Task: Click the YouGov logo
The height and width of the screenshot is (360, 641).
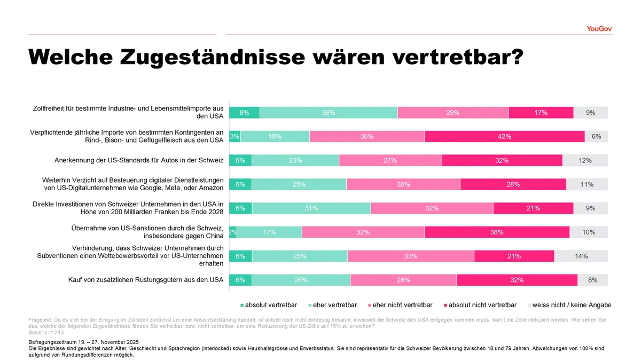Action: [x=599, y=28]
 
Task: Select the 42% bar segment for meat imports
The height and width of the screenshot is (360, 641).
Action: [x=504, y=136]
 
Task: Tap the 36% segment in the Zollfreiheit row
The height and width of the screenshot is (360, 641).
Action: [x=329, y=113]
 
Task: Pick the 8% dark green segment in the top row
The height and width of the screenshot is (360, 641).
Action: [x=244, y=113]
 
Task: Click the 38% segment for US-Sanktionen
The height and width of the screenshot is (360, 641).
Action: [x=497, y=232]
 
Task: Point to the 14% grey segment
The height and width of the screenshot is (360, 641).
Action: [x=581, y=256]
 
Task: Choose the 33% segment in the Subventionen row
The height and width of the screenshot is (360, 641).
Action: [x=411, y=256]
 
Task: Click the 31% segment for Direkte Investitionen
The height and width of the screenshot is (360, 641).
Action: [x=311, y=208]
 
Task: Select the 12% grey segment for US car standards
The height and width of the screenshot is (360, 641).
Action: [x=585, y=160]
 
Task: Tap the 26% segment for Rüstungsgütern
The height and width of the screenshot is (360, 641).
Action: [x=301, y=280]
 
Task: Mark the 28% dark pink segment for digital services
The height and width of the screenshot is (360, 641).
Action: [x=513, y=184]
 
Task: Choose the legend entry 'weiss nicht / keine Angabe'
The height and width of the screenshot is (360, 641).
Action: [x=569, y=305]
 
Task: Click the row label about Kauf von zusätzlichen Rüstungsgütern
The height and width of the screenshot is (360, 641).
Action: [x=145, y=280]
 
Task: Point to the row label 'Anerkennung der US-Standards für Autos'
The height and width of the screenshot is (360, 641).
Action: [x=138, y=160]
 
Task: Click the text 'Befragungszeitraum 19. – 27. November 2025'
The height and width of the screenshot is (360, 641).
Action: [x=83, y=341]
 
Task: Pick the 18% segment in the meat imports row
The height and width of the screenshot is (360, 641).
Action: [x=275, y=136]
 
